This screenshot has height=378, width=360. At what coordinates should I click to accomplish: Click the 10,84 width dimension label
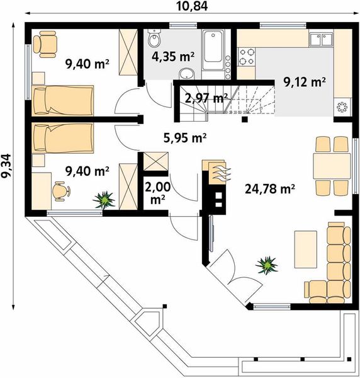tap(192, 6)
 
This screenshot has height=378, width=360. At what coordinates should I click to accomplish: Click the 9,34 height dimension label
tap(6, 166)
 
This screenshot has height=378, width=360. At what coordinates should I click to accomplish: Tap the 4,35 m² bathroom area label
tap(173, 57)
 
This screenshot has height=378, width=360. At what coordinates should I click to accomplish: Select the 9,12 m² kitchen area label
tap(305, 82)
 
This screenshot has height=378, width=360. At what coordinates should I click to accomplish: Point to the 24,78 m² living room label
tap(270, 189)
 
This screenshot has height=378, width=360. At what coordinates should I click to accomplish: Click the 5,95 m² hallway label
tap(185, 138)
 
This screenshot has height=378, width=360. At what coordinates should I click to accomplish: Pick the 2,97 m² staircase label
tap(206, 98)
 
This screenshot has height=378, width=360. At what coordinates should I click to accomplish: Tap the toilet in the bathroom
tap(154, 38)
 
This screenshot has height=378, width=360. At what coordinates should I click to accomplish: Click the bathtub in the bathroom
tap(213, 50)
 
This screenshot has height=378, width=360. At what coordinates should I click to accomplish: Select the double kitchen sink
tap(321, 40)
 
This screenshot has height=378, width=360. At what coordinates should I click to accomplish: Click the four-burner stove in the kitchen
tap(247, 57)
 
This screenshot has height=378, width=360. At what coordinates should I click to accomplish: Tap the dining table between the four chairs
tap(332, 166)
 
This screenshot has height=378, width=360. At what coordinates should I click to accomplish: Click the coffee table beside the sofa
tap(306, 249)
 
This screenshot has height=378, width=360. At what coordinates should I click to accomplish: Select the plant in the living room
tap(267, 265)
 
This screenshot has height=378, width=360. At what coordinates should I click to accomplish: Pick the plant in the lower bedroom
tap(104, 200)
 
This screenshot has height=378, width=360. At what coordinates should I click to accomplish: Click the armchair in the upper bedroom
tap(45, 44)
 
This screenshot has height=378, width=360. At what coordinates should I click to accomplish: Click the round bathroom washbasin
tap(187, 74)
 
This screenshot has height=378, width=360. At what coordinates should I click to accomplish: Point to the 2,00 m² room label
tap(157, 193)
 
